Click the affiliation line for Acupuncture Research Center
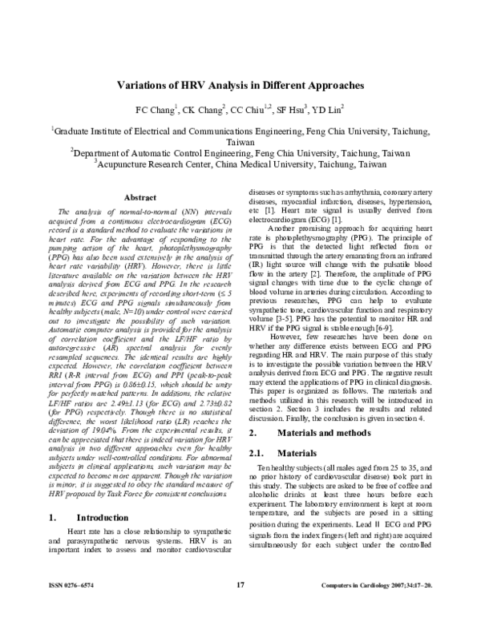(240, 164)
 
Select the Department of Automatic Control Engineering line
(240, 151)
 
